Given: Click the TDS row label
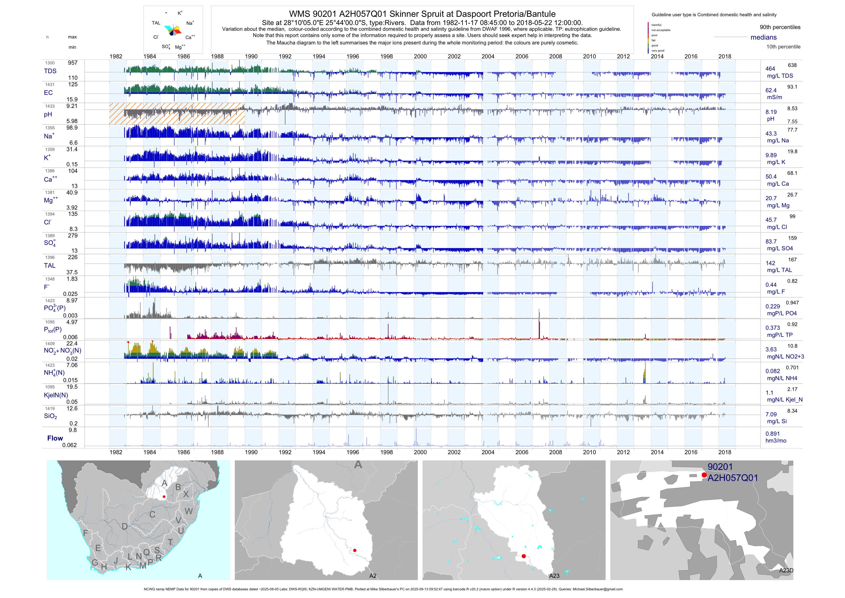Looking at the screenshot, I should (50, 71).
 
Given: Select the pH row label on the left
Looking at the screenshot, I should (48, 114).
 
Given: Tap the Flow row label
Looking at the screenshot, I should (55, 438).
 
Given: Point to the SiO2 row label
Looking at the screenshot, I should (50, 416).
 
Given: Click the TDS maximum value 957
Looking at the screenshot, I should (73, 63).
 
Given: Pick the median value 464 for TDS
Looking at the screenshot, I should (770, 69).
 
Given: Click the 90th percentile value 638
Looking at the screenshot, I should (792, 65).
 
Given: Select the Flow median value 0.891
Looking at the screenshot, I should (772, 434).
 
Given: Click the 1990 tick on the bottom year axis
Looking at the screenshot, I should (251, 452).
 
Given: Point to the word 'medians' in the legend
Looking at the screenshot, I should (763, 38).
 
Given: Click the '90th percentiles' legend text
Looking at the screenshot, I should (780, 27).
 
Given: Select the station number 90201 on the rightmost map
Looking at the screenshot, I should (720, 467).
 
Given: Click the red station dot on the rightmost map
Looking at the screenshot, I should (704, 475).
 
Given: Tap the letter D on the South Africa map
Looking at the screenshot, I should (125, 527).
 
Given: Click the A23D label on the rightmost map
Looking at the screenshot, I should (786, 571).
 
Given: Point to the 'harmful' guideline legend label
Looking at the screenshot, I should (656, 25).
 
